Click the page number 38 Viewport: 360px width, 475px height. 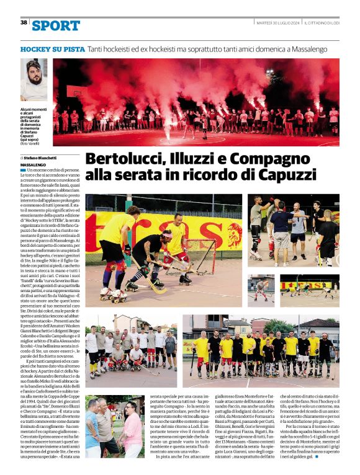pos(24,22)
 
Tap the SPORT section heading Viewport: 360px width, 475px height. pos(56,25)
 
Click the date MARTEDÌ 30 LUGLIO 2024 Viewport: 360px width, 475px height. pos(278,22)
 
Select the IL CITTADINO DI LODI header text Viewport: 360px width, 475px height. pos(322,22)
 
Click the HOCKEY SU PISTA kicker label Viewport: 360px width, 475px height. pos(52,48)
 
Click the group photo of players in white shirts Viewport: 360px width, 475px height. pos(131,347)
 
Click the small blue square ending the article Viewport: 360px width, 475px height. pos(315,459)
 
